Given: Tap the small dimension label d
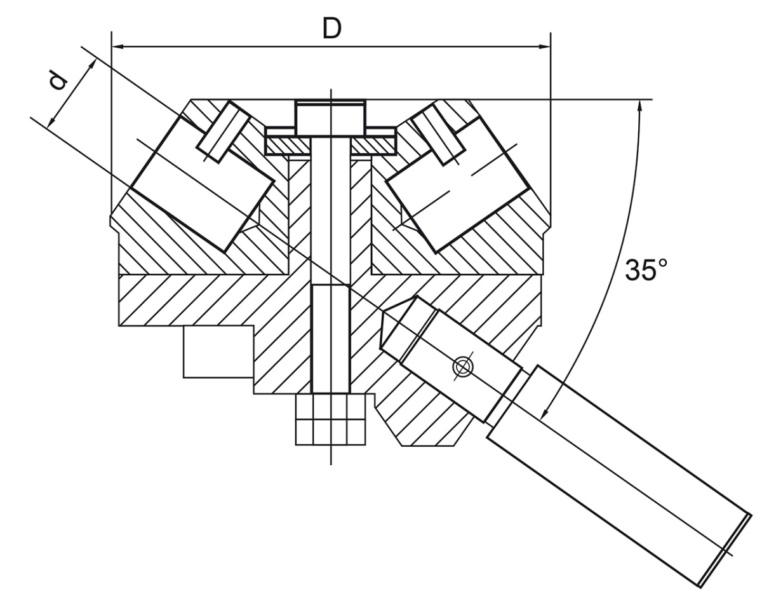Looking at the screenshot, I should [x=58, y=81].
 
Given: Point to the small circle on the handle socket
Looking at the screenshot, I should [x=462, y=367].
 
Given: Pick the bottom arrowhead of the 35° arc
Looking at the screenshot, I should [x=545, y=410].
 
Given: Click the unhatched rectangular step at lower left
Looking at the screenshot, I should [x=217, y=351].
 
